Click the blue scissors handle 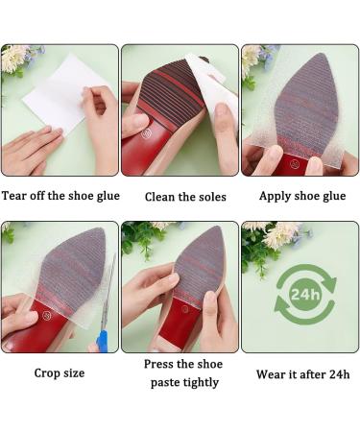coord(102,339)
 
